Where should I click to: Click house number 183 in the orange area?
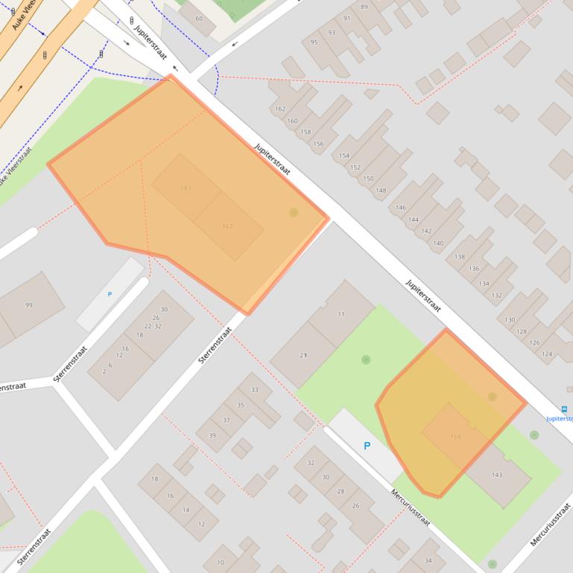pos(186,188)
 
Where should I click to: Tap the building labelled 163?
pos(228,226)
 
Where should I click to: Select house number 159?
pos(455,436)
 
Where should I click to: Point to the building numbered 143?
pos(497,475)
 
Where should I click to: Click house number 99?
pos(29,305)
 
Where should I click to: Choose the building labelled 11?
pos(341,315)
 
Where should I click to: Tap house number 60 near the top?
pos(199,19)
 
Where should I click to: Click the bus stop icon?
pos(564,408)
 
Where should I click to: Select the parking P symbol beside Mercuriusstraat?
pos(366,446)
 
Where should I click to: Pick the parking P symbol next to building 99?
pos(110,295)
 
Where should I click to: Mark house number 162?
pos(280,109)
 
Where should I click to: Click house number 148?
pos(382,191)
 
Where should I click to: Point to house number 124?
pos(548,353)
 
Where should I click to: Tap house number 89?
pos(364,7)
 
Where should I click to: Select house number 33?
pos(255,390)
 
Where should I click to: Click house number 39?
pos(212,435)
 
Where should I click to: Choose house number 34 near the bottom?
pos(428,560)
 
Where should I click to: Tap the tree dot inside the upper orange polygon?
pos(294,213)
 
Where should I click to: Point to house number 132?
pos(497,295)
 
